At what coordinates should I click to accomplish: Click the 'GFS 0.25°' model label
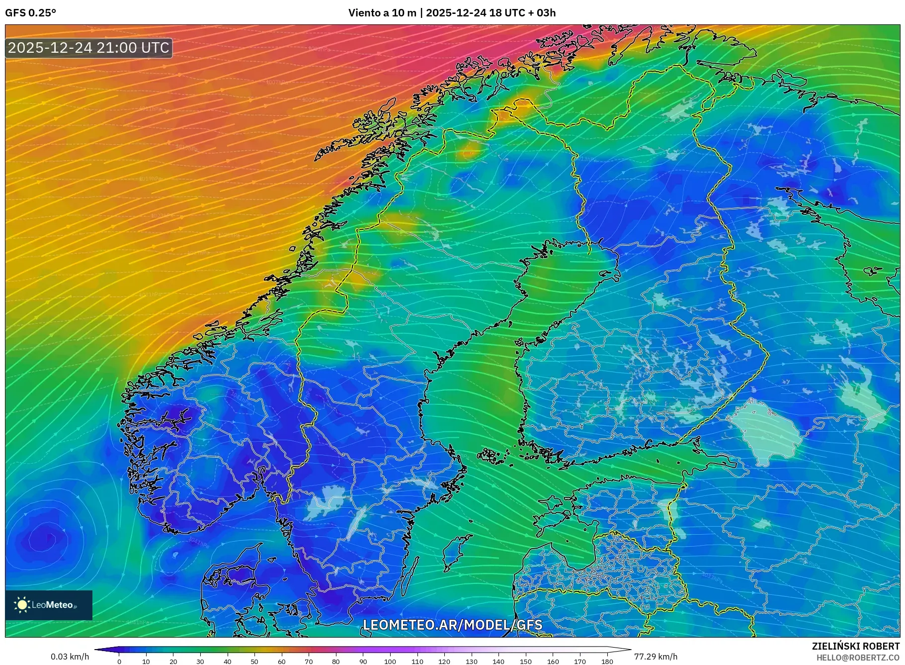(x=30, y=13)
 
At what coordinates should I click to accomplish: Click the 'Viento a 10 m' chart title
(x=382, y=13)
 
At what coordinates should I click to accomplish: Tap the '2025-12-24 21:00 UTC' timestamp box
(x=89, y=48)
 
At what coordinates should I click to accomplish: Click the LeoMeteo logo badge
(x=49, y=605)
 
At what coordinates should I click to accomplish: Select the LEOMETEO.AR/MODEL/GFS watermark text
(x=452, y=625)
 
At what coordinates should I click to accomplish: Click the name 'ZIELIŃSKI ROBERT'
(x=855, y=646)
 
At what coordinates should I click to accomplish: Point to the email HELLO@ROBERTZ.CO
(x=857, y=658)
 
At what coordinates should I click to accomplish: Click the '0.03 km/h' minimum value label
(x=70, y=657)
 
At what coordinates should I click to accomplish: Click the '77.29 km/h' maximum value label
(x=656, y=657)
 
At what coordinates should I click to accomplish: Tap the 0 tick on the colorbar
(x=119, y=662)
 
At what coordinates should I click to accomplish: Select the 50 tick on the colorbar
(x=254, y=662)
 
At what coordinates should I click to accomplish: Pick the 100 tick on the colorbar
(x=390, y=662)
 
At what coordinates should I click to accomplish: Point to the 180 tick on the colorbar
(x=607, y=662)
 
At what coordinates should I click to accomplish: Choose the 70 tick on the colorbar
(x=309, y=662)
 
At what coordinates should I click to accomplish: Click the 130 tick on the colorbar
(x=471, y=662)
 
